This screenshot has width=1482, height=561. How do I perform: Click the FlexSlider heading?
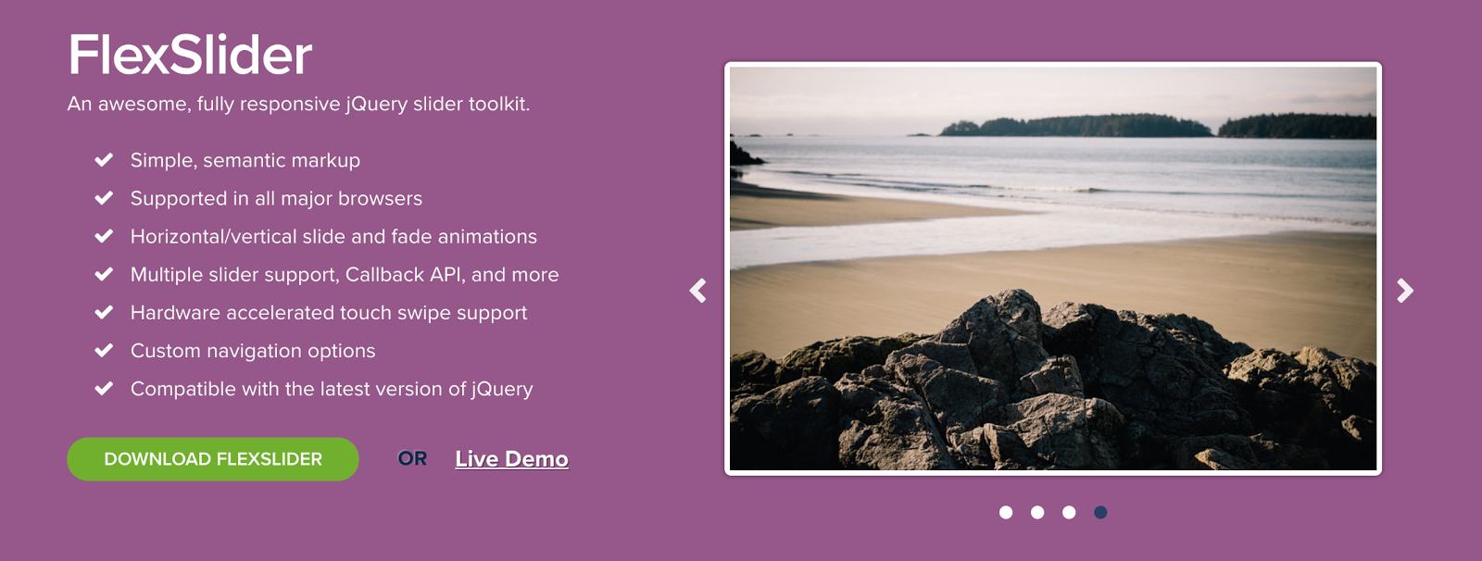pos(190,55)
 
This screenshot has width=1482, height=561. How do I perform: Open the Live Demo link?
pos(511,458)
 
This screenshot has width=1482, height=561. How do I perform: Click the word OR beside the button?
pos(412,458)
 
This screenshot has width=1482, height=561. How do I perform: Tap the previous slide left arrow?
pos(698,291)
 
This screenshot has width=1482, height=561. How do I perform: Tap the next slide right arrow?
pos(1404,291)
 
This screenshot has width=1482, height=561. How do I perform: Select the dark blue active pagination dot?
pos(1100,512)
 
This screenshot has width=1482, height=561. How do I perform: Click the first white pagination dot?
pos(1006,512)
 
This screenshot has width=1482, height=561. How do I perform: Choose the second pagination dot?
pos(1037,512)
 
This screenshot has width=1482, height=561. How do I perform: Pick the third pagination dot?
pos(1069,512)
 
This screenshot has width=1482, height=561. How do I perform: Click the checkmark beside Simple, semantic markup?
pos(104,159)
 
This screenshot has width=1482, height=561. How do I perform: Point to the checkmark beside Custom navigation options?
pos(104,350)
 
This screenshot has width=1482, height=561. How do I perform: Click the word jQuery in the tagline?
pos(376,105)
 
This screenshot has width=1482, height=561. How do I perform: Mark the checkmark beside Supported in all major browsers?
pos(104,198)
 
